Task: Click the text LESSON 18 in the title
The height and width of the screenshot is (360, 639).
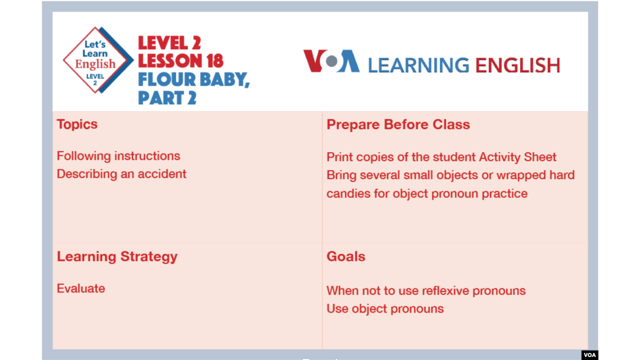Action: pos(180,61)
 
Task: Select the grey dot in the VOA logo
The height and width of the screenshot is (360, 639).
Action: pos(332,61)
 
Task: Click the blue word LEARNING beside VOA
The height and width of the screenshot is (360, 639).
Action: pos(418,65)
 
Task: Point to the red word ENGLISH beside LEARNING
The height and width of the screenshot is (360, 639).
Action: pos(518,65)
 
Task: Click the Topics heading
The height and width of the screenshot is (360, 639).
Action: pos(77,124)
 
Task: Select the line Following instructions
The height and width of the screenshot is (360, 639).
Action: pos(118,156)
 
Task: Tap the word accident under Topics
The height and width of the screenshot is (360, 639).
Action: pos(162,173)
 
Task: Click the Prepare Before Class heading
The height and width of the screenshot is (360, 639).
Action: pos(398,124)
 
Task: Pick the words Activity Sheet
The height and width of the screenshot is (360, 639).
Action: pos(518,157)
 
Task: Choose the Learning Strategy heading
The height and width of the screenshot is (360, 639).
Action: pos(117,256)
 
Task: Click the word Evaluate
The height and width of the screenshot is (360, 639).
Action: pos(80,288)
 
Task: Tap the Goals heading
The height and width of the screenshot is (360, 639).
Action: pos(346,256)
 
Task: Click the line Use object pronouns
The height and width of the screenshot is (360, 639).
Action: pos(385,308)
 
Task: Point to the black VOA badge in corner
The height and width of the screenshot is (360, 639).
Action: pos(590,355)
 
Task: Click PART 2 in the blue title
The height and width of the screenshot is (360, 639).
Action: pos(167,98)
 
